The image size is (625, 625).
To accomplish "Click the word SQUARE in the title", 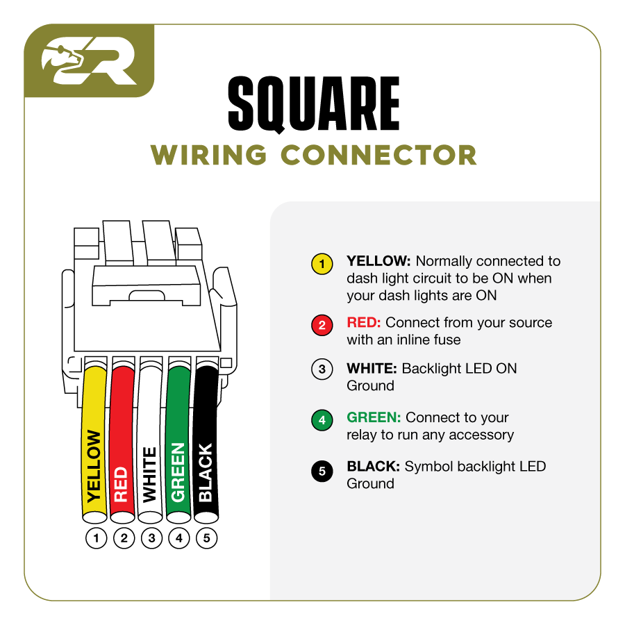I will pyautogui.click(x=314, y=105).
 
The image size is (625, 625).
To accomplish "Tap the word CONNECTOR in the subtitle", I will pyautogui.click(x=380, y=155).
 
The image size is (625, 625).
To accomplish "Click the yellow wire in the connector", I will pyautogui.click(x=95, y=444).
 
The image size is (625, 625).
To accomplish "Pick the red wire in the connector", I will pyautogui.click(x=122, y=444).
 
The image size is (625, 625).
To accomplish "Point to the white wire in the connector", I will pyautogui.click(x=150, y=444).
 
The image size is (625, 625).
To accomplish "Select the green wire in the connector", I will pyautogui.click(x=178, y=444).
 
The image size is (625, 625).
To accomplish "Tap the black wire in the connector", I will pyautogui.click(x=206, y=444).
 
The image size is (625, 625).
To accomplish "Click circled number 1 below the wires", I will pyautogui.click(x=96, y=537).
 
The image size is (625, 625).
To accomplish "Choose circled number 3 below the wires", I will pyautogui.click(x=151, y=537).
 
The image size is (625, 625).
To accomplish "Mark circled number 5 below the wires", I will pyautogui.click(x=206, y=537).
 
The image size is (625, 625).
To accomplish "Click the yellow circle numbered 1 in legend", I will pyautogui.click(x=322, y=265).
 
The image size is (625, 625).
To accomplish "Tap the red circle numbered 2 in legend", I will pyautogui.click(x=322, y=325).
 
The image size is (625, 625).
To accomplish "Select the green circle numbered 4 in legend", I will pyautogui.click(x=322, y=420).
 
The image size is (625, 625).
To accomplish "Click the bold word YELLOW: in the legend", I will pyautogui.click(x=379, y=262).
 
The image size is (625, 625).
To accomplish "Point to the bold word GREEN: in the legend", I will pyautogui.click(x=374, y=418).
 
